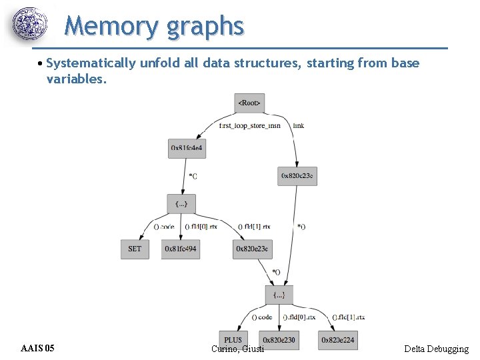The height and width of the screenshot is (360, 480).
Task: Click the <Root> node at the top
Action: [x=250, y=103]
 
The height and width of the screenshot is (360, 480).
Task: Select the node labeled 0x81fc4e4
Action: [x=187, y=147]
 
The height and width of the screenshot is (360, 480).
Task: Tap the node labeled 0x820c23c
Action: [x=297, y=175]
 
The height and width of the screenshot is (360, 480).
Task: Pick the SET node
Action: [x=135, y=249]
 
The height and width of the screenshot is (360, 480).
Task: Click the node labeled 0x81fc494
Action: [x=181, y=249]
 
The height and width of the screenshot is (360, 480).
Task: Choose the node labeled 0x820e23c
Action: [x=252, y=249]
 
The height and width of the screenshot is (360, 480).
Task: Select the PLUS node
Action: [x=233, y=340]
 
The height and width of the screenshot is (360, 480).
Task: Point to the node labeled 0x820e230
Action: [x=279, y=340]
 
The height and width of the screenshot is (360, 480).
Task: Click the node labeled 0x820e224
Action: [x=337, y=340]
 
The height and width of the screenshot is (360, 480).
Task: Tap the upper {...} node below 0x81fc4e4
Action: [x=181, y=203]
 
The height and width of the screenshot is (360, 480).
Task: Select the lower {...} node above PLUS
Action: [x=279, y=294]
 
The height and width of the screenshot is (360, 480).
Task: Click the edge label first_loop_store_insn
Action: [x=250, y=125]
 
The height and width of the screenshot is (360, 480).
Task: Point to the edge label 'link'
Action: [x=299, y=125]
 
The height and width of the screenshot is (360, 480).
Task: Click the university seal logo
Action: [x=31, y=25]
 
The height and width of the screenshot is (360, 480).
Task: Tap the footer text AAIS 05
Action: [x=38, y=349]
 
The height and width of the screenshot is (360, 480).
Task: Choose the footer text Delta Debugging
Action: [x=436, y=349]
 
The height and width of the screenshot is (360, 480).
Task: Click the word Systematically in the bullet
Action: [x=91, y=63]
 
